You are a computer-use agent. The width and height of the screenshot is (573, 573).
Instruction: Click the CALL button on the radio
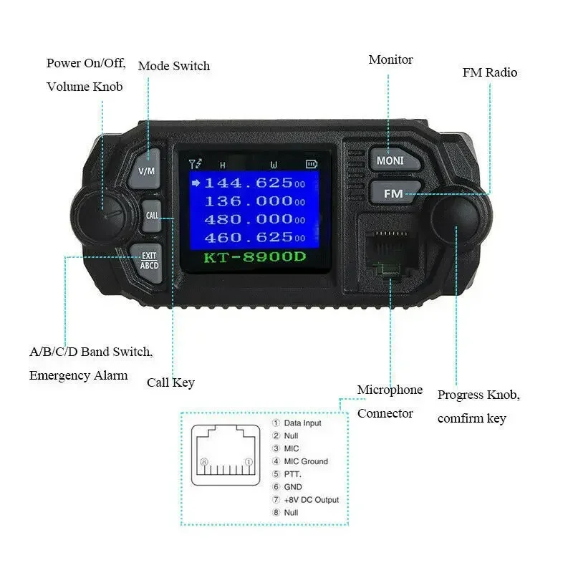[152, 215]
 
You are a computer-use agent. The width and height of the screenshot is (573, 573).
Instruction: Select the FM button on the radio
[393, 193]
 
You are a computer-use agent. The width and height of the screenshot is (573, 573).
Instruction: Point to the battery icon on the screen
[311, 164]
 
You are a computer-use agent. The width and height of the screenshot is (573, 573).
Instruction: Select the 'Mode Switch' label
[174, 66]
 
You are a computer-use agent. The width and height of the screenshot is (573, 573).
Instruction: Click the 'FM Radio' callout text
[489, 72]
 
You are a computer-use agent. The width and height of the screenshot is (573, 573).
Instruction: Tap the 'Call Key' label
[170, 382]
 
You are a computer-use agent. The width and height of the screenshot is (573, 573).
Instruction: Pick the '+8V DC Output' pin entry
[311, 500]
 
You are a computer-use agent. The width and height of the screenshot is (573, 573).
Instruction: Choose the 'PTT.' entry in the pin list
[292, 474]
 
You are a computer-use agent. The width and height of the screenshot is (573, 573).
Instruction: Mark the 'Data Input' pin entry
[302, 423]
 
